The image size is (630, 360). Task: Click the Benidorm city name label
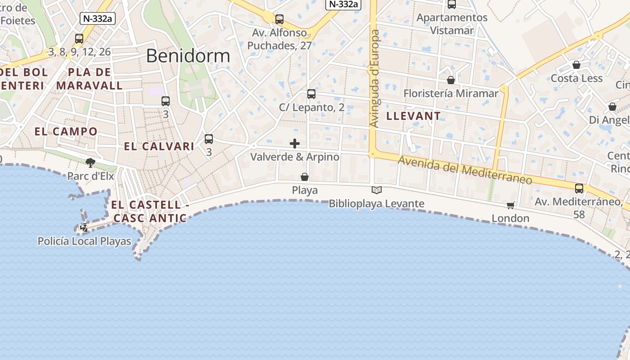coord(188,56)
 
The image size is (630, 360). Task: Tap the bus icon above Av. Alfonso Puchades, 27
coord(279,19)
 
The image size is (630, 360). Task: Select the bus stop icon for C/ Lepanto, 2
coord(311,94)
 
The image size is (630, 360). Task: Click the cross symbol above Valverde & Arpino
coord(295,144)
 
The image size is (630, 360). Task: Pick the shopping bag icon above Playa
coord(305,177)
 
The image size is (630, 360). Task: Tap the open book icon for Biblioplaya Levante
coord(377,190)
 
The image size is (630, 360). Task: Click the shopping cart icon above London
coord(510,205)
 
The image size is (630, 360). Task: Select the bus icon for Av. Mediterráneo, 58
coord(579,189)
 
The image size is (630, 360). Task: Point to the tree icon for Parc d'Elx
coord(90,162)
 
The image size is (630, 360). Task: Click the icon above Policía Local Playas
coord(84,228)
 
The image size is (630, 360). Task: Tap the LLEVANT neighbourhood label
coord(413,116)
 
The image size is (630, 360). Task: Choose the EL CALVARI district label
coord(159,146)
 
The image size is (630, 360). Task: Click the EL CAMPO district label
coord(66,131)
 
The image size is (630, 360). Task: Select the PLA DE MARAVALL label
coord(89,79)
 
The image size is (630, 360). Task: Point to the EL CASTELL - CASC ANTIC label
coord(150,211)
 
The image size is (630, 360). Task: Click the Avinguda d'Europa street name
coord(374,79)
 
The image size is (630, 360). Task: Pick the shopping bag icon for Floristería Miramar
coord(450,80)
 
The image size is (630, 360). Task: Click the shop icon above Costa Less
coord(576,65)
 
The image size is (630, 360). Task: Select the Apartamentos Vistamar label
coord(452,24)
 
